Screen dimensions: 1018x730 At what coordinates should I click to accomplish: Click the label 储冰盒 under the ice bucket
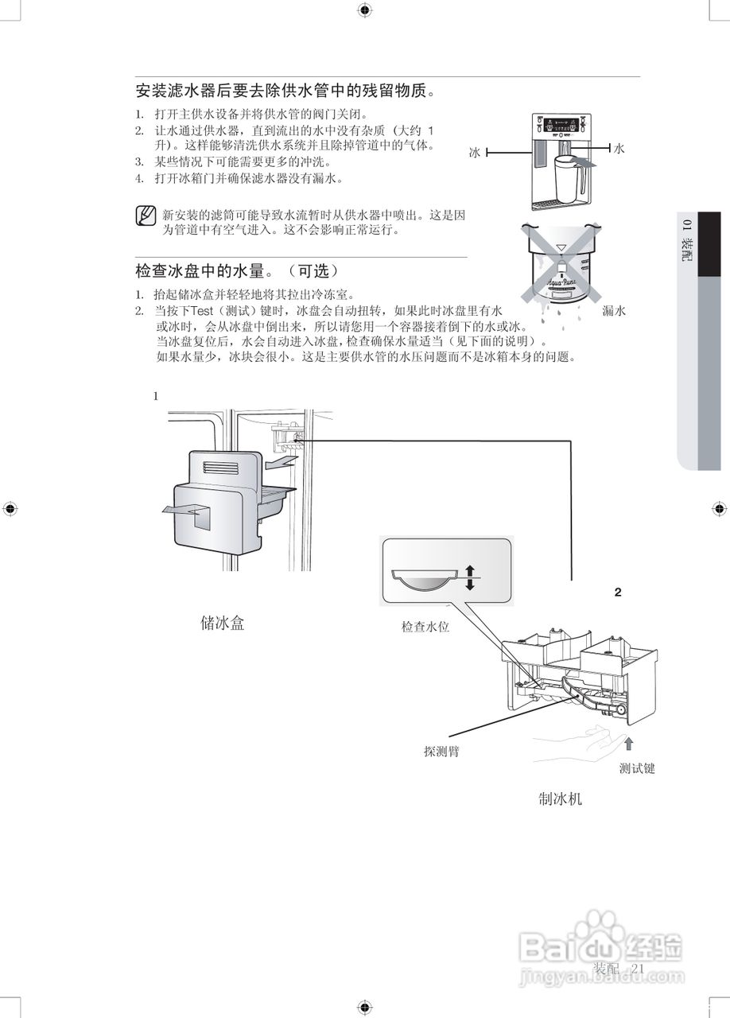pyautogui.click(x=222, y=623)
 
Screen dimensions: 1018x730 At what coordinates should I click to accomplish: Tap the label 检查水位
pyautogui.click(x=425, y=628)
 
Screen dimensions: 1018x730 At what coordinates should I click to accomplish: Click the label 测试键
pyautogui.click(x=637, y=769)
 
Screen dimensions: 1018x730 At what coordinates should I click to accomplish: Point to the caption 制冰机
pyautogui.click(x=560, y=798)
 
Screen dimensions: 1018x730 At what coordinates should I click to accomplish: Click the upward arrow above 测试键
pyautogui.click(x=628, y=744)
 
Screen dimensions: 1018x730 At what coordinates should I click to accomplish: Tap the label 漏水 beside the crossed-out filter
pyautogui.click(x=614, y=311)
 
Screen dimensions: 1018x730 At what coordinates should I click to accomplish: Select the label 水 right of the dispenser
pyautogui.click(x=619, y=149)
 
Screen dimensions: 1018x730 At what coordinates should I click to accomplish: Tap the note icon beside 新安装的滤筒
pyautogui.click(x=146, y=216)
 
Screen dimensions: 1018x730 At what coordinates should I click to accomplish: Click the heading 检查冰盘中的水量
pyautogui.click(x=237, y=270)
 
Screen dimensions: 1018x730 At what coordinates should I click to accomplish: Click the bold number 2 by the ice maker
pyautogui.click(x=618, y=593)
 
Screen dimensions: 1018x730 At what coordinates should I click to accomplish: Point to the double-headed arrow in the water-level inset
pyautogui.click(x=469, y=577)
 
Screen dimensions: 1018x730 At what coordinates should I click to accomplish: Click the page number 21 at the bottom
pyautogui.click(x=638, y=968)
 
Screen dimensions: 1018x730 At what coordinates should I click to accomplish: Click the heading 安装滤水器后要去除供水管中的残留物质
pyautogui.click(x=286, y=90)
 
